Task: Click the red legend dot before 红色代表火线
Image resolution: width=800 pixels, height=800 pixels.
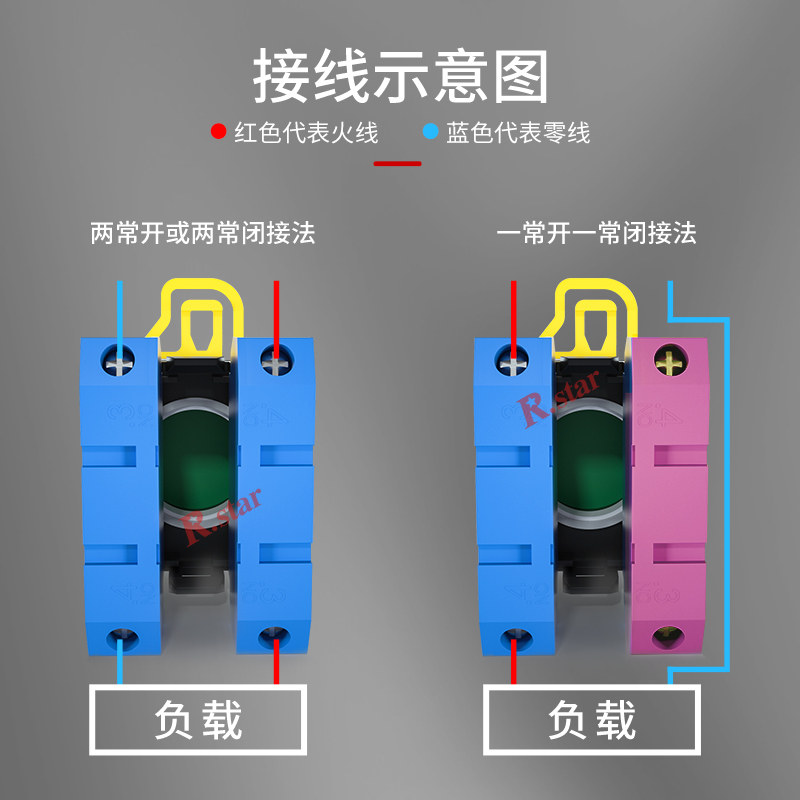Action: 218,132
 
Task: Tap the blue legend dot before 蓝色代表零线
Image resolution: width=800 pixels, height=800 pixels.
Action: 430,132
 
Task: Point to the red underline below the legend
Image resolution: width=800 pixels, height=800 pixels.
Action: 397,163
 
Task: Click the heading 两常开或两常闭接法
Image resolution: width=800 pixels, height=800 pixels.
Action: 203,234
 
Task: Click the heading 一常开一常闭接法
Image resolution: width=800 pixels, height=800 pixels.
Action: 596,234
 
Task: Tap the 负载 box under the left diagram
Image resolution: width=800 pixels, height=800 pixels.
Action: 198,719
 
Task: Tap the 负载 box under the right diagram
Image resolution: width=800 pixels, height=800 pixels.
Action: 591,719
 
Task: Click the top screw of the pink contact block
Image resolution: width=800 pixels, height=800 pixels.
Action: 667,361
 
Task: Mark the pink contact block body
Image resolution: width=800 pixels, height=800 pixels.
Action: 668,500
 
